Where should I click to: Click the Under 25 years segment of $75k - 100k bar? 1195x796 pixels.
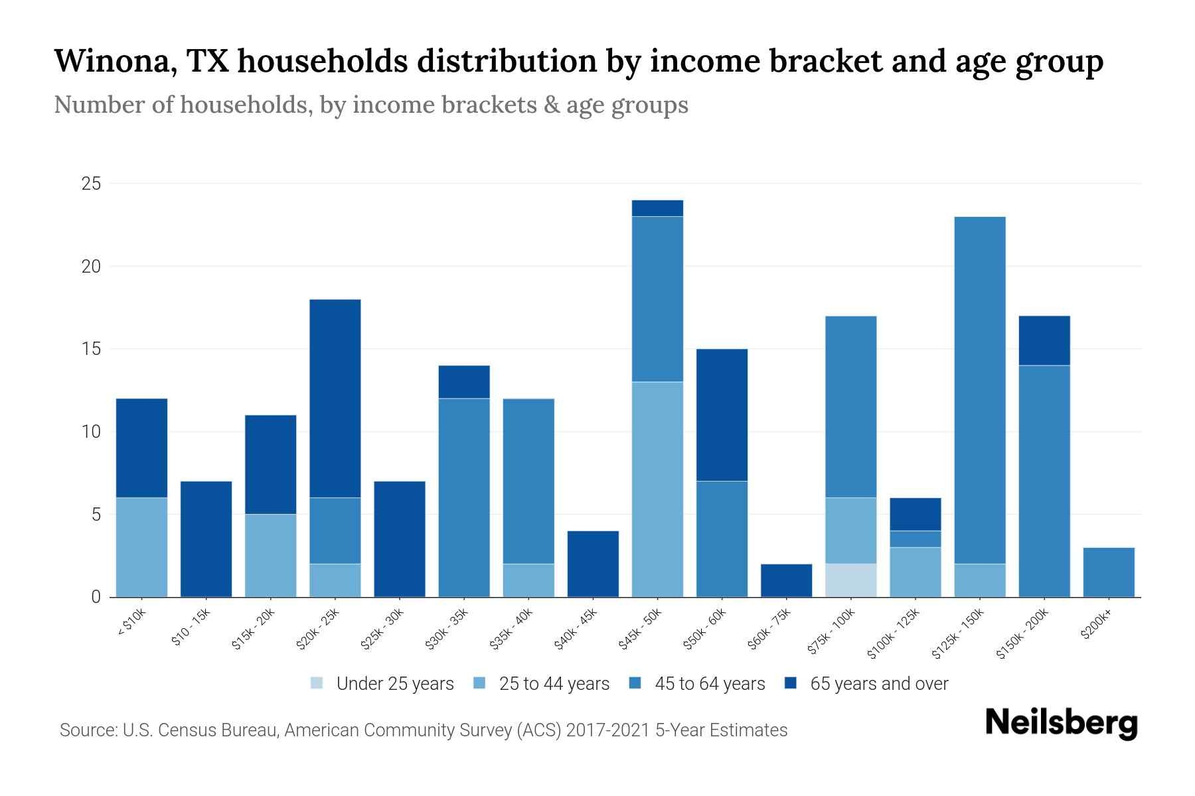pos(850,580)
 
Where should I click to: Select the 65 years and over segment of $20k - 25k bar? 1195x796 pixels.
pos(335,398)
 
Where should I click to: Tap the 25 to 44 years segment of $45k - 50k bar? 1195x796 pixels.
pos(657,489)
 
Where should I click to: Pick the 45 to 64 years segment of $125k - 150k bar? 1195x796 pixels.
pos(980,390)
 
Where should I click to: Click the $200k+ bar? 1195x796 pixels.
pos(1109,572)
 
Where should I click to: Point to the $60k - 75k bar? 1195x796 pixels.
pos(786,580)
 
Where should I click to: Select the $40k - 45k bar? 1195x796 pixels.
pos(593,564)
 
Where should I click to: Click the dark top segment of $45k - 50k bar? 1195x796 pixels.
pos(657,208)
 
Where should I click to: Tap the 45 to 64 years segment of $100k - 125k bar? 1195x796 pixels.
pos(916,539)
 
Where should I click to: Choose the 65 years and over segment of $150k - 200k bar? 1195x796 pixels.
pos(1044,340)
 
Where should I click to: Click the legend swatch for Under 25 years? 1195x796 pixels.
pos(317,683)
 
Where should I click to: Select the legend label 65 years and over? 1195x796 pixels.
pos(879,683)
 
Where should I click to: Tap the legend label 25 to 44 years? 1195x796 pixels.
pos(554,683)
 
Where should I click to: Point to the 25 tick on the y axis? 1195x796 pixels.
pos(91,184)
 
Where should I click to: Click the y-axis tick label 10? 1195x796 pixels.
pos(91,432)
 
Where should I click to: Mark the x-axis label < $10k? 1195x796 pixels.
pos(132,622)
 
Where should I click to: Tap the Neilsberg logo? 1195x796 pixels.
pos(1061,723)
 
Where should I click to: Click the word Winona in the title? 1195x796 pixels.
pos(114,61)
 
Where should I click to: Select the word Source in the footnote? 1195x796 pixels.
pos(86,730)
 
